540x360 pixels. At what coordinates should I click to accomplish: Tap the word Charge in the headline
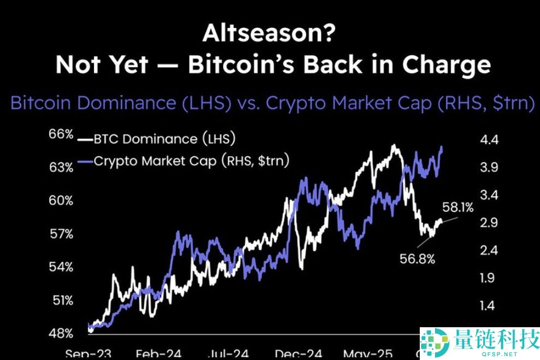click(x=447, y=64)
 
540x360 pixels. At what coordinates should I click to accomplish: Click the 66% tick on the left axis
click(x=62, y=134)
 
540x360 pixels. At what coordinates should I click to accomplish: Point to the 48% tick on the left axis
click(x=62, y=333)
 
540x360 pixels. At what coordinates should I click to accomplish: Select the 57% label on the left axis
click(x=62, y=234)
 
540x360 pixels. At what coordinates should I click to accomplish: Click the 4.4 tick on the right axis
click(x=488, y=140)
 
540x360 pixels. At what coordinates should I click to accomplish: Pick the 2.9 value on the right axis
click(x=488, y=223)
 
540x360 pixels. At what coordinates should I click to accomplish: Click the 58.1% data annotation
click(x=458, y=208)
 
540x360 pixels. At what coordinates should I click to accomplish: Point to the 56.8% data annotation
click(x=416, y=259)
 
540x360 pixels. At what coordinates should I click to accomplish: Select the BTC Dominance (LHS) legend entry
click(x=165, y=139)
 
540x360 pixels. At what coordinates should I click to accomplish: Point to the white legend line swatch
click(x=85, y=140)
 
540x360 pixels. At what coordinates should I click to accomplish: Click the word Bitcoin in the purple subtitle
click(x=43, y=103)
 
